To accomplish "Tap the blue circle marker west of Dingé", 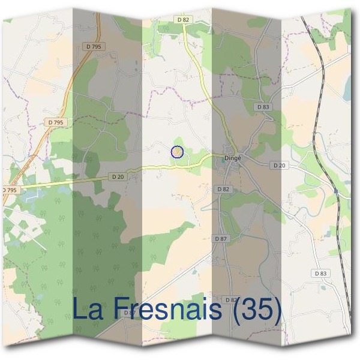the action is [176, 152].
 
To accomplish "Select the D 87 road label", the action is [221, 239].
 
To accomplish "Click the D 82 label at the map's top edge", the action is [183, 20].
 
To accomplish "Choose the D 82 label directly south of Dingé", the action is [223, 189].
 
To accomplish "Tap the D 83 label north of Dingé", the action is [263, 107].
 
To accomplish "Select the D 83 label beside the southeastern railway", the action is [320, 273].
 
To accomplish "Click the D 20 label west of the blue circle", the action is [117, 176].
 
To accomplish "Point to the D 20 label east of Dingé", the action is [279, 165].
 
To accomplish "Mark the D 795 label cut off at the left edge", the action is [9, 190].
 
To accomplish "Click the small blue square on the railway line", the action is [337, 192].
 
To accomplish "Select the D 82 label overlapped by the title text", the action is [231, 299].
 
